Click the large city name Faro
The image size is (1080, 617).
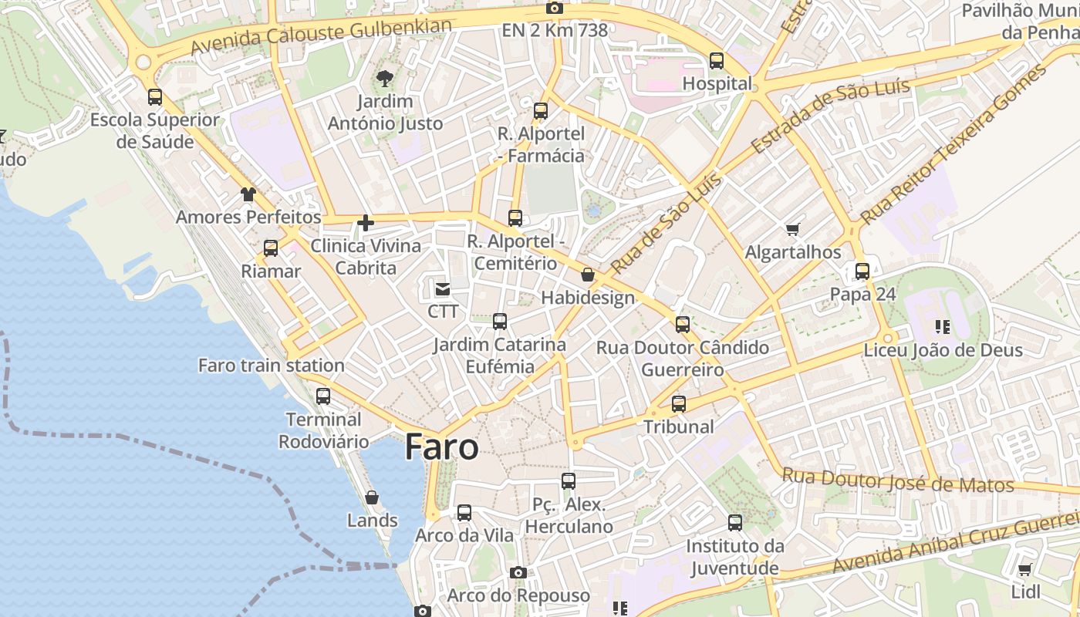point(441,447)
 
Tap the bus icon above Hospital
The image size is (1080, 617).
point(717,60)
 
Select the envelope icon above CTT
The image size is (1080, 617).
point(443,289)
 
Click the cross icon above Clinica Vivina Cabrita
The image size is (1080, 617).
point(366,224)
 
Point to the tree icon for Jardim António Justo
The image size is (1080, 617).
point(384,78)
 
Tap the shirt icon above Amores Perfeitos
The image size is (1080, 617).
point(248,194)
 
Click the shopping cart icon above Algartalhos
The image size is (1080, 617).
point(792,229)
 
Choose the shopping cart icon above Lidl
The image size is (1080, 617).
point(1024,570)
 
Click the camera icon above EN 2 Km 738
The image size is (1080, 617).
point(554,8)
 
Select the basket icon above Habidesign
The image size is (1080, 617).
point(588,275)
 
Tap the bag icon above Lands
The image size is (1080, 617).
point(372,497)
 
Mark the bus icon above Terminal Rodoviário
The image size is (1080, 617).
point(323,396)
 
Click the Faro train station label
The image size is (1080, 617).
point(272,366)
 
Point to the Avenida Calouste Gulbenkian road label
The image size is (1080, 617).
point(321,36)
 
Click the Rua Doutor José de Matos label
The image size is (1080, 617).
point(898,480)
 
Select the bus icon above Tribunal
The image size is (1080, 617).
point(679,403)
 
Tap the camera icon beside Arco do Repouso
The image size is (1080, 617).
point(518,572)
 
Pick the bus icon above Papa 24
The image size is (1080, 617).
point(862,271)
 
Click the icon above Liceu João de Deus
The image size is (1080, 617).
point(942,327)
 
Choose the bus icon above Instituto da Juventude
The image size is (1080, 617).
point(735,523)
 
